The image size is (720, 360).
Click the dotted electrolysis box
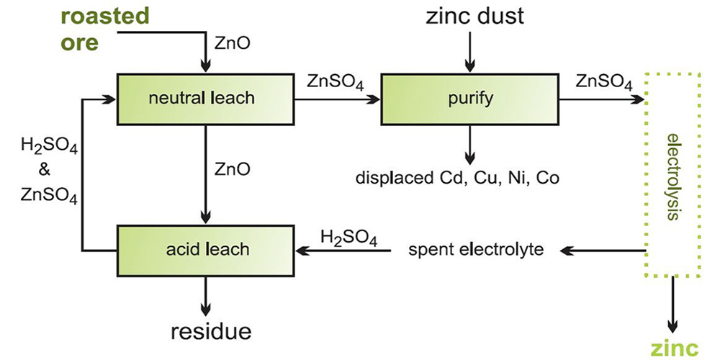tap(672, 176)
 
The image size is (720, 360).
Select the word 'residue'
tap(211, 331)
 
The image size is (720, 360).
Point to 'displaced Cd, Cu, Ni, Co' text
tap(457, 177)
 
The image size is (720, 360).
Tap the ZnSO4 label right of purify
tap(605, 81)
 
